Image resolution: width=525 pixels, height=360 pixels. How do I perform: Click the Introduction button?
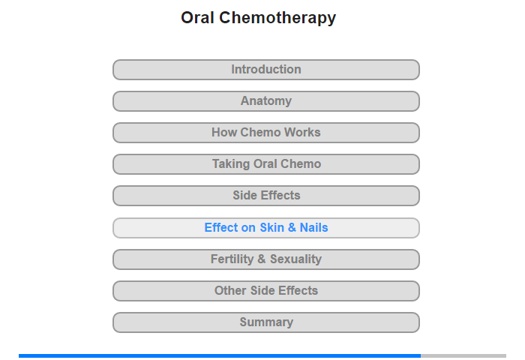pos(266,70)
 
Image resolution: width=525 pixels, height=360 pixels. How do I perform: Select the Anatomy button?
pos(266,101)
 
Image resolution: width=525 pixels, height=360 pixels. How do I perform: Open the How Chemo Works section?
pos(266,133)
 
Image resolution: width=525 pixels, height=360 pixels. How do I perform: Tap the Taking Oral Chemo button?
pos(266,164)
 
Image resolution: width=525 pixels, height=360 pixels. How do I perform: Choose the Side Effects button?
pos(266,196)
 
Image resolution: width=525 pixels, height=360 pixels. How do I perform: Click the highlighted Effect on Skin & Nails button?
pos(266,228)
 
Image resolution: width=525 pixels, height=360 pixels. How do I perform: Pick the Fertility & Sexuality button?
pos(266,259)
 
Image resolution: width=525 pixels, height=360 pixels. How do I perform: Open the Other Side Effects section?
pos(266,291)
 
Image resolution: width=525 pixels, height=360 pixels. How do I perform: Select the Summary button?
pos(266,322)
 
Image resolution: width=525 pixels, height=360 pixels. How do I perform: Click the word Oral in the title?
pos(197,17)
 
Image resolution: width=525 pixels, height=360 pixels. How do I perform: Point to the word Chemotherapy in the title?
pos(277,18)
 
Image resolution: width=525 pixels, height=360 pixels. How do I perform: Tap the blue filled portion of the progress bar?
pos(220,355)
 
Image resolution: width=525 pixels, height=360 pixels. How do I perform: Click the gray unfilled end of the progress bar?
pos(463,355)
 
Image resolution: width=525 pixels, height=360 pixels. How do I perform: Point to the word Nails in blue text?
pos(313,228)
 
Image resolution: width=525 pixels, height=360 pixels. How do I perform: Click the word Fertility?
pos(232,259)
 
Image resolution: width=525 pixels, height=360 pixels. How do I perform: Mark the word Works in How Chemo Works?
pos(302,132)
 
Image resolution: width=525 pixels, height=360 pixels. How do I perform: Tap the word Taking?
pos(231,164)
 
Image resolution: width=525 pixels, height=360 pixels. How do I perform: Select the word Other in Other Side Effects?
pos(231,290)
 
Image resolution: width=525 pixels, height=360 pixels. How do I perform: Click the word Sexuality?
pos(296,259)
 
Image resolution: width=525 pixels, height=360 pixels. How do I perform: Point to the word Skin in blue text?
pos(271,228)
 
